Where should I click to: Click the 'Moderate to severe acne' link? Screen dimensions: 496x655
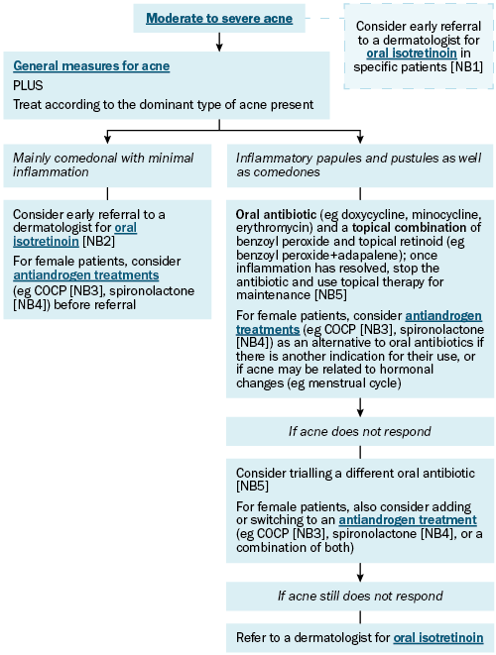pos(219,19)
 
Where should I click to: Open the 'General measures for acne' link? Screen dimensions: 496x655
pos(91,66)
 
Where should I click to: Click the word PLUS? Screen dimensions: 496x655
pos(28,85)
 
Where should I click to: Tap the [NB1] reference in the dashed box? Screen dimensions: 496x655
pos(466,67)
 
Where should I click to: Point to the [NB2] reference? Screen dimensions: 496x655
pos(98,242)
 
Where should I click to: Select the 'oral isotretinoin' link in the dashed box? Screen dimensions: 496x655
pos(412,54)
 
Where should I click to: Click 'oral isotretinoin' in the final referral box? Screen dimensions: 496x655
pos(438,638)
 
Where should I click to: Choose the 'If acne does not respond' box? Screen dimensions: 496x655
pos(360,431)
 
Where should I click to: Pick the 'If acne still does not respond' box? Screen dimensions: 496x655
pos(360,597)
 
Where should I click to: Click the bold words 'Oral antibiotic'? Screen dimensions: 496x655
pos(276,215)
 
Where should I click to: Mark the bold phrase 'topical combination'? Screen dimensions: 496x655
pos(409,228)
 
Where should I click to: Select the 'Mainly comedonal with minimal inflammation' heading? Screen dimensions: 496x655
pos(103,165)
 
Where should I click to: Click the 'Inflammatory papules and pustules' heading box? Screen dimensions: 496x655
pos(360,165)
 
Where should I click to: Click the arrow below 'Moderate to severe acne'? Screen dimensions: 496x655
pos(219,42)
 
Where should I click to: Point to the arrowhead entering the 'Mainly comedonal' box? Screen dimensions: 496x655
pos(107,140)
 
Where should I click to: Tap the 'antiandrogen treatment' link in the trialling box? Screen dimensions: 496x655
pos(408,520)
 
